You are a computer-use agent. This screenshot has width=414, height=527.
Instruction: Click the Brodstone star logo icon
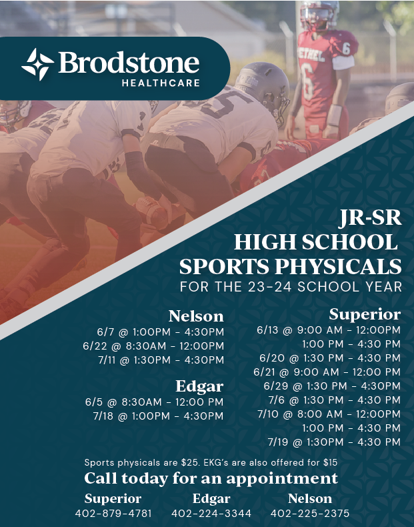37,64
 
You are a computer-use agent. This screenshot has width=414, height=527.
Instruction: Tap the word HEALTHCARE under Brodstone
161,83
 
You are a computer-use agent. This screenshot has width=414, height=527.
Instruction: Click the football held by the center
151,211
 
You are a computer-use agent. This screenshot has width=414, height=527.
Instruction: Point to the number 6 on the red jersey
307,81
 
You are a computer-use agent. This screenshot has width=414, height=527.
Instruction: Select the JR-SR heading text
370,217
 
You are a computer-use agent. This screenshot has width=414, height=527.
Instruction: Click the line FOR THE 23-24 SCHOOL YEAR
291,287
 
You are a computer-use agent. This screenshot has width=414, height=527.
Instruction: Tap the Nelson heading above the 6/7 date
196,316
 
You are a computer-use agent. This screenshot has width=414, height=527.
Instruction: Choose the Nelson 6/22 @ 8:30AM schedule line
153,346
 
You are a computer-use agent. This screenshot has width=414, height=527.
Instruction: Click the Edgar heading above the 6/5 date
199,386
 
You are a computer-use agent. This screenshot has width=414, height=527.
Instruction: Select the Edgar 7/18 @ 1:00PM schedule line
158,416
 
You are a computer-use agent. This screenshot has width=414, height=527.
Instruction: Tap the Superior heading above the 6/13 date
365,315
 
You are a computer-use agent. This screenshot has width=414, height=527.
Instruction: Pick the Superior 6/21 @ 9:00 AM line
327,372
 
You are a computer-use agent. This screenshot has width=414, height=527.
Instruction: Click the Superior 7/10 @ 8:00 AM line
329,414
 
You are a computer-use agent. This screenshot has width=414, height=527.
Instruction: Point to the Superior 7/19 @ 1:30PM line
334,442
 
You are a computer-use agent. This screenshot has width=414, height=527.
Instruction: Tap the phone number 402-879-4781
113,514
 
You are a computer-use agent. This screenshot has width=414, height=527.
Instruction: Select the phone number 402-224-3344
211,514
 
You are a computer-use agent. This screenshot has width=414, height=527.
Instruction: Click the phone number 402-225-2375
310,514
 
